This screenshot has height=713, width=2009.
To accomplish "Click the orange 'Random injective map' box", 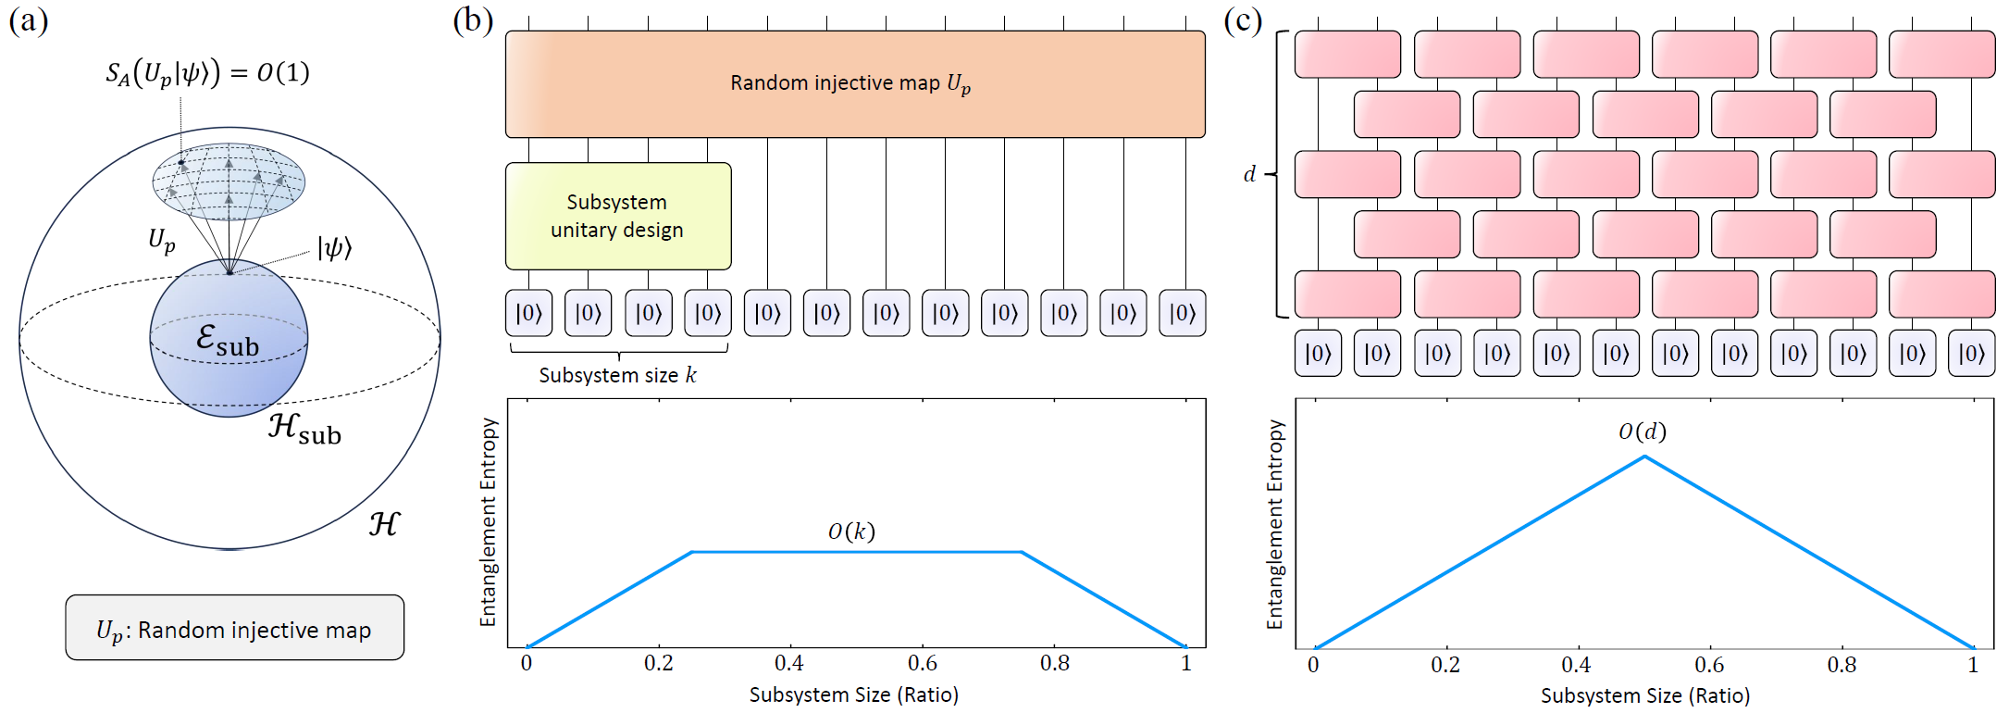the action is click(855, 84).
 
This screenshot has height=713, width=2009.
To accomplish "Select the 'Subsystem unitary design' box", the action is click(618, 217).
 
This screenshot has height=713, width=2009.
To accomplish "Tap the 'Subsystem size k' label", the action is click(618, 375).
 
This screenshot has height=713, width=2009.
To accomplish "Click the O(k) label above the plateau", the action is click(851, 531).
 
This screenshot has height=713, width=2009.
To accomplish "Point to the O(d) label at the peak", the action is click(1643, 432).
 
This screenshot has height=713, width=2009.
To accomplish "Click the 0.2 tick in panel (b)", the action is click(658, 663).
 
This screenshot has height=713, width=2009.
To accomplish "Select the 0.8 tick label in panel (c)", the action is click(1842, 665).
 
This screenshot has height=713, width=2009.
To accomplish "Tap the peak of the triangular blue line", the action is click(1644, 457).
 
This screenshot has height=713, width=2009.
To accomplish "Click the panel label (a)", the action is click(29, 20).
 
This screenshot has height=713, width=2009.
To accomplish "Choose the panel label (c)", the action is click(1243, 20).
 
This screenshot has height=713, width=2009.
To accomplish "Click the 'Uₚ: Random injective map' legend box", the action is click(235, 628).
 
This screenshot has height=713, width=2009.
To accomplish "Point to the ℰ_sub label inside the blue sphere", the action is click(228, 340).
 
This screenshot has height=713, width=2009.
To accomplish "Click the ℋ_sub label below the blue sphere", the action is click(305, 429).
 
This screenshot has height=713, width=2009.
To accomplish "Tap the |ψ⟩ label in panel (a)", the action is click(335, 248).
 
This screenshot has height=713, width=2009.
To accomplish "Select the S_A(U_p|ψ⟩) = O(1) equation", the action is click(207, 73).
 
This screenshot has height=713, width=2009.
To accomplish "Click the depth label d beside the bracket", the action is click(1249, 174).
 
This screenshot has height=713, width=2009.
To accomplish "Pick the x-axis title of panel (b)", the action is click(854, 694).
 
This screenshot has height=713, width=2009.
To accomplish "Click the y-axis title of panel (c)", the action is click(1275, 524).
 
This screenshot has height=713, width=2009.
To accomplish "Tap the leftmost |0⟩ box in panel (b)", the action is click(528, 313).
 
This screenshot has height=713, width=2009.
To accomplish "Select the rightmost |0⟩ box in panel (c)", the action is click(1971, 353).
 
